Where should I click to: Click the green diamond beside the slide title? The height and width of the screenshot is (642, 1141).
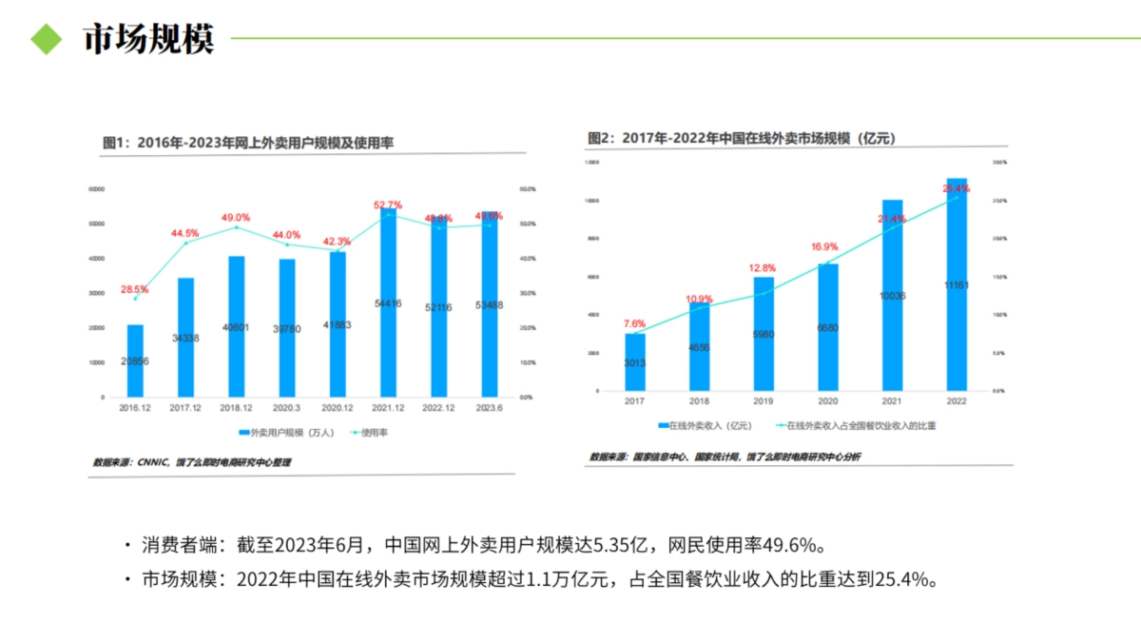[x=45, y=39]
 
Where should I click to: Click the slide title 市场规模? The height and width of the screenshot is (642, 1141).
[x=148, y=39]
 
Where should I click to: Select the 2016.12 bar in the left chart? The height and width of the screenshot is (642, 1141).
[x=135, y=360]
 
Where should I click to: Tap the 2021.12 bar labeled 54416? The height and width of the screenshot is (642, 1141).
[x=388, y=304]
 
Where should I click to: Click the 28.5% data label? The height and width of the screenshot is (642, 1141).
[x=134, y=289]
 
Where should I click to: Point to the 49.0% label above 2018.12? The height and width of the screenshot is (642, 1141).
[x=236, y=218]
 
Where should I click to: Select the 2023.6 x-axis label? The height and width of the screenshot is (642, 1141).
[x=489, y=409]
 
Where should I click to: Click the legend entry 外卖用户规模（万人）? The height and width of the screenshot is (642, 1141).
[x=289, y=432]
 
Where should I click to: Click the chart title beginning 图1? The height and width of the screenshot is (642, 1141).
[x=248, y=143]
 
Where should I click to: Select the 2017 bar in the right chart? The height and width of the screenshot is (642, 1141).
[x=635, y=361]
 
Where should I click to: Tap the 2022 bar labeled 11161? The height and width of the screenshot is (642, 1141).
[x=957, y=285]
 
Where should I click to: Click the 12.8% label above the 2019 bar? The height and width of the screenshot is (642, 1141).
[x=763, y=268]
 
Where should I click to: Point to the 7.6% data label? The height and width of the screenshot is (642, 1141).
[x=634, y=323]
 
